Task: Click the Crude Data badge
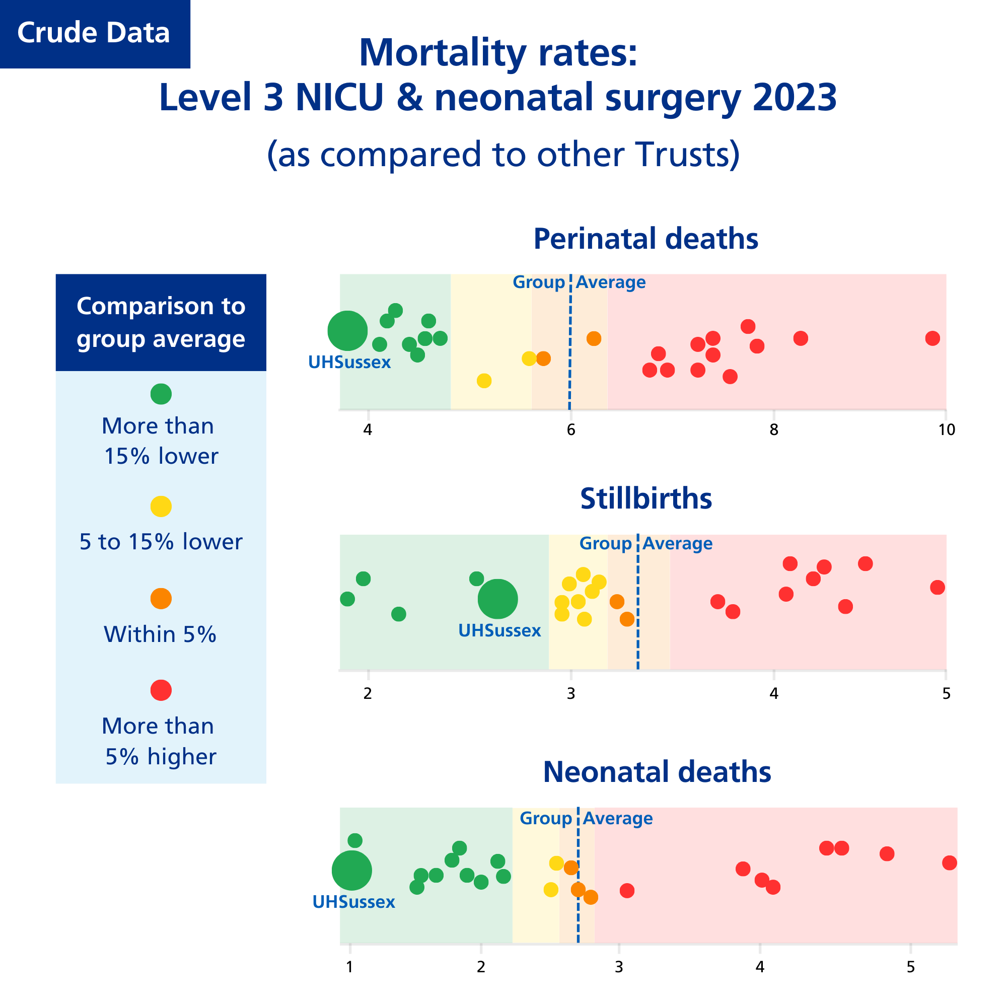click(x=94, y=33)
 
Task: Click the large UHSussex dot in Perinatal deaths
click(x=347, y=330)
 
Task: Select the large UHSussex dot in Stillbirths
click(x=498, y=599)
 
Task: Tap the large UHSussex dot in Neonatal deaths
click(x=352, y=871)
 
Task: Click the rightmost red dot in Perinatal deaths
click(x=932, y=338)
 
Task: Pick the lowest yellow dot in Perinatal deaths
click(x=484, y=381)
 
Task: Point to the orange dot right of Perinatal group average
click(x=594, y=339)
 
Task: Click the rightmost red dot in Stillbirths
click(x=937, y=588)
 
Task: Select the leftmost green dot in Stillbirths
click(x=347, y=599)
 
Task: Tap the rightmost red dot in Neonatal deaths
click(x=950, y=863)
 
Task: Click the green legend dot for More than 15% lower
click(x=161, y=394)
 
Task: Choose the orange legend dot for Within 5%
click(x=161, y=598)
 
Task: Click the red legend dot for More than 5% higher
click(x=161, y=690)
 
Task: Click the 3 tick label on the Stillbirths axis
click(x=571, y=694)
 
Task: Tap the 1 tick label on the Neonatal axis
click(x=350, y=967)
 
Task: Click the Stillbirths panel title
click(x=646, y=499)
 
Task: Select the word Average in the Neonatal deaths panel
click(x=618, y=818)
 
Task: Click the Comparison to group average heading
click(x=161, y=322)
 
